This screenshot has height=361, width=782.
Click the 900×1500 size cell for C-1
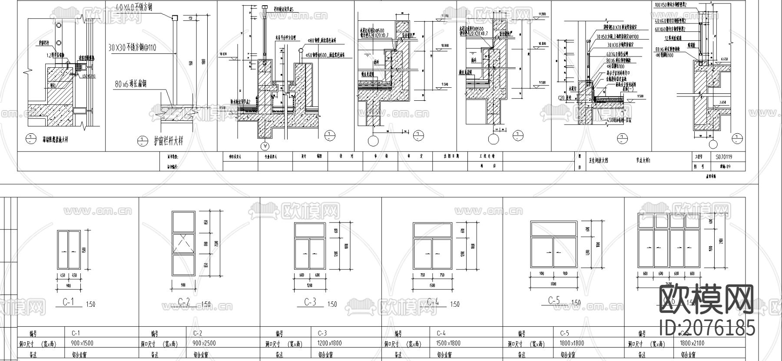coord(82,343)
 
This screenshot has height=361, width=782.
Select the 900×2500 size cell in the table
coord(204,343)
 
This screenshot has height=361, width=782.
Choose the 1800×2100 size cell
coord(692,343)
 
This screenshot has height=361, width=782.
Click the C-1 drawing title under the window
coord(68,301)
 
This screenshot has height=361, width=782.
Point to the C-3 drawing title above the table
coord(310,302)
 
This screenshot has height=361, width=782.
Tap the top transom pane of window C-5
coord(553,229)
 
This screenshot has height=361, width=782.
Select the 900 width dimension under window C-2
coord(183,285)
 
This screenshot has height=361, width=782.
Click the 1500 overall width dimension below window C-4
coord(432,285)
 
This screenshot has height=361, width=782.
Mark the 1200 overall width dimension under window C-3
coord(310,285)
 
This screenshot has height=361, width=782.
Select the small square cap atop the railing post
coord(175,17)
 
